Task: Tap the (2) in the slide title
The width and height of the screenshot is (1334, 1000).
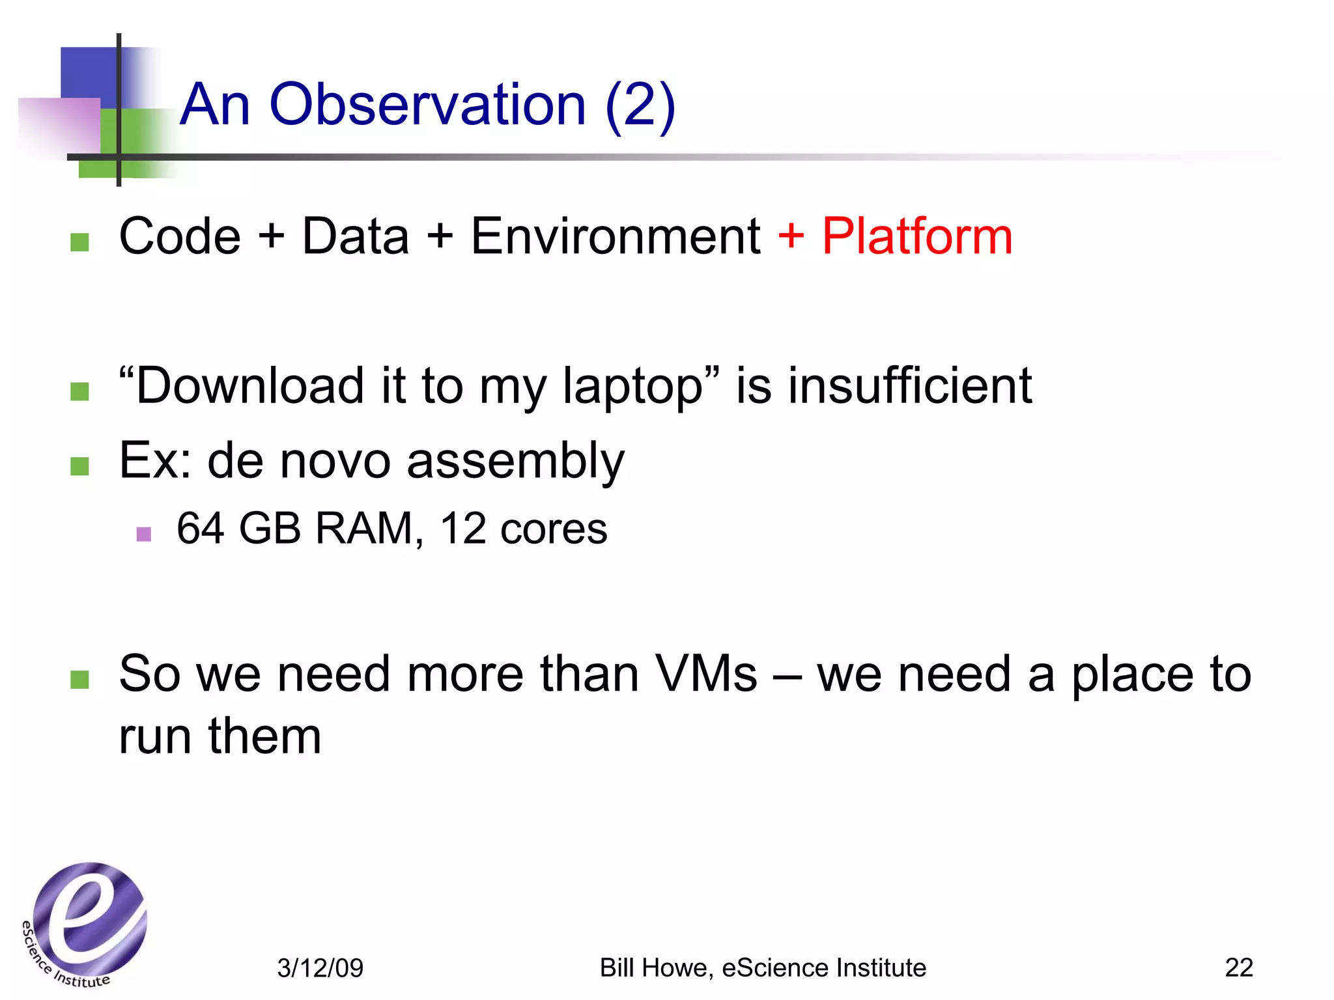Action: (640, 105)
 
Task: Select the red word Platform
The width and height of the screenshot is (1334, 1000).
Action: (917, 236)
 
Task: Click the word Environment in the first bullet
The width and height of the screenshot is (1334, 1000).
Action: (615, 236)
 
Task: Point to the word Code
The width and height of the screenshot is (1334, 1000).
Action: (180, 236)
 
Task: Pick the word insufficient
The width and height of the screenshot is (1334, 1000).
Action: (910, 385)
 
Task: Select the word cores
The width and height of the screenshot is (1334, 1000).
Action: (554, 529)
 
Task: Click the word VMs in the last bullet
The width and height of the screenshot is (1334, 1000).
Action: (706, 674)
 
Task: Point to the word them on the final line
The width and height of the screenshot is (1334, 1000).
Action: (264, 736)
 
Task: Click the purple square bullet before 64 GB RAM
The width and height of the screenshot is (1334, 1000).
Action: (144, 535)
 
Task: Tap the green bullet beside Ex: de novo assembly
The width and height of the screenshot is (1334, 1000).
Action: (79, 466)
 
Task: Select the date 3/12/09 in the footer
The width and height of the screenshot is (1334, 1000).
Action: (320, 968)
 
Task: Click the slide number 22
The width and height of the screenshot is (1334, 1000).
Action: (1238, 968)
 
